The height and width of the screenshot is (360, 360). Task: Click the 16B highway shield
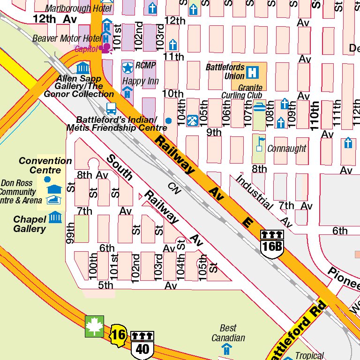(272, 244)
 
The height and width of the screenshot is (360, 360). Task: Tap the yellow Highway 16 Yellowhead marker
(119, 335)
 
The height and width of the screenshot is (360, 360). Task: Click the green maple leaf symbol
(94, 326)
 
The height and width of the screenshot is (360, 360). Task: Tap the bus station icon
(111, 109)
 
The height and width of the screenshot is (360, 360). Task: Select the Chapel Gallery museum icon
(56, 217)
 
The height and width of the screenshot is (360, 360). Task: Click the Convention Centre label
(45, 165)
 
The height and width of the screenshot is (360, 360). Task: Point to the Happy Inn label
(141, 81)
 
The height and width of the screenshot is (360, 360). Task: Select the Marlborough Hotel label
(78, 8)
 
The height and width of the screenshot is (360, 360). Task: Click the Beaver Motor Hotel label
(67, 38)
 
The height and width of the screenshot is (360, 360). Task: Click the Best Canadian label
(228, 333)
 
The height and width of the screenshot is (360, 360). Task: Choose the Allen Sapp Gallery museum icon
(83, 67)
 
